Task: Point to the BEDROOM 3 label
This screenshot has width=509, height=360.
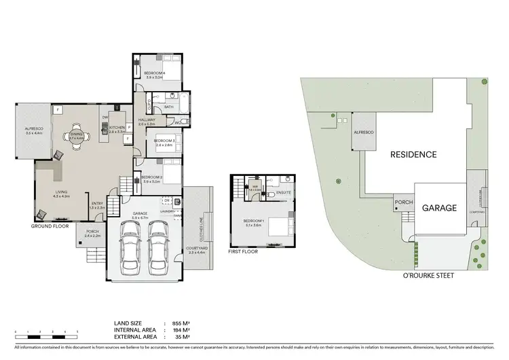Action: [x=165, y=143]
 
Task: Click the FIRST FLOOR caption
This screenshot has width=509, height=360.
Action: [x=243, y=252]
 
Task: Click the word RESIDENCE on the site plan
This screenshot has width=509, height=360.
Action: [x=413, y=154]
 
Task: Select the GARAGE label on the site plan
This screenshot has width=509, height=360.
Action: [x=437, y=208]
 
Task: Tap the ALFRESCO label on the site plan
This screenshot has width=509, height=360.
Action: [x=364, y=134]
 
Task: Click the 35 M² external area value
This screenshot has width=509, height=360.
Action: [x=180, y=336]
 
